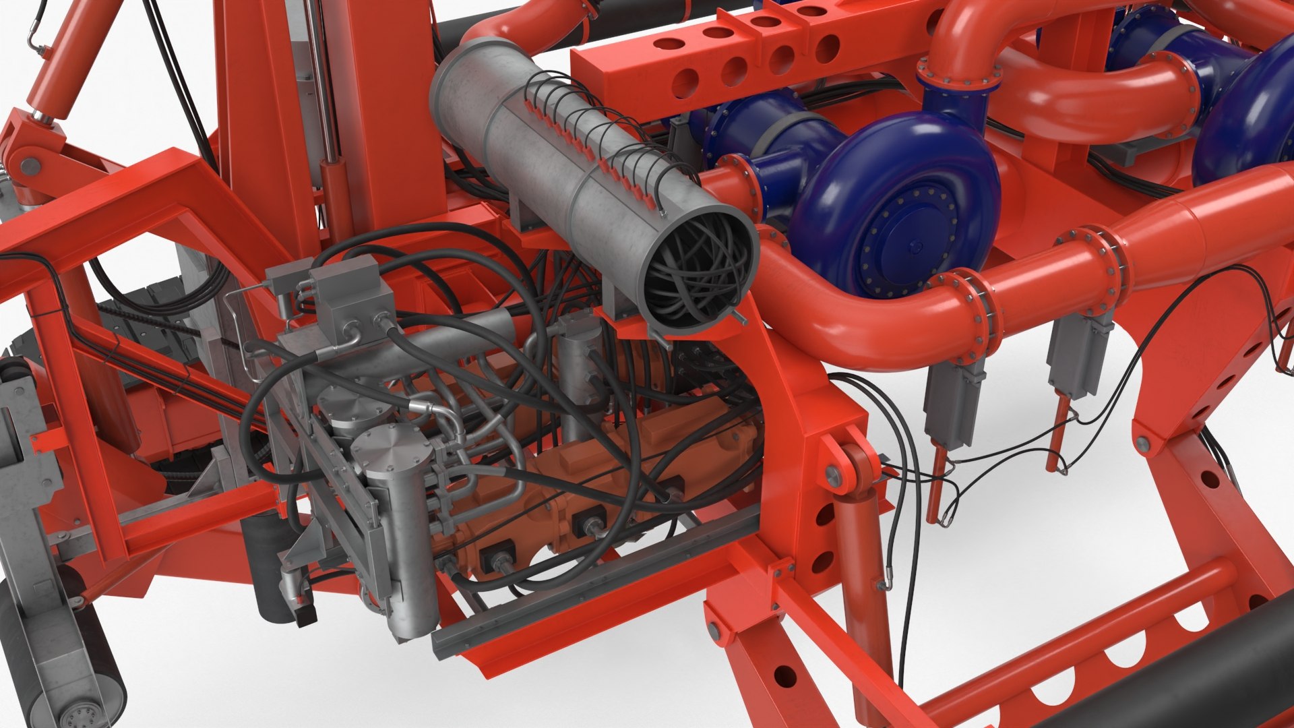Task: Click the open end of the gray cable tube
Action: (x=698, y=270)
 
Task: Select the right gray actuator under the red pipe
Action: (x=1078, y=351)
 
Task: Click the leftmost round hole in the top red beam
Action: (x=685, y=84)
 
